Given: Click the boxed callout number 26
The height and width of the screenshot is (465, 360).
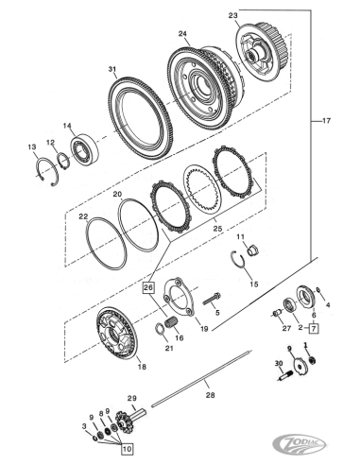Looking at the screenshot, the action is [x=149, y=288].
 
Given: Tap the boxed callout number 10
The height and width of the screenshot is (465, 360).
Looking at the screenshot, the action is [x=127, y=449].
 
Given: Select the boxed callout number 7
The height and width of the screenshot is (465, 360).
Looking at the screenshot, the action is [x=314, y=328].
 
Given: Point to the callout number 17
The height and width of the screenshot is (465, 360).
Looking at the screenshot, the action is [x=327, y=121].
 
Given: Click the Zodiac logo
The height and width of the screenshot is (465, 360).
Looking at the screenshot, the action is [x=300, y=444].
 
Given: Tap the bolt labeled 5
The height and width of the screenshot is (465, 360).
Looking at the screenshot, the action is [x=212, y=299].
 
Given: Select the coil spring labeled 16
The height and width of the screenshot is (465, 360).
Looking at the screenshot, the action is [x=172, y=323].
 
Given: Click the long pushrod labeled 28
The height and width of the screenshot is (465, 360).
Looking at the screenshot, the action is [x=202, y=378].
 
